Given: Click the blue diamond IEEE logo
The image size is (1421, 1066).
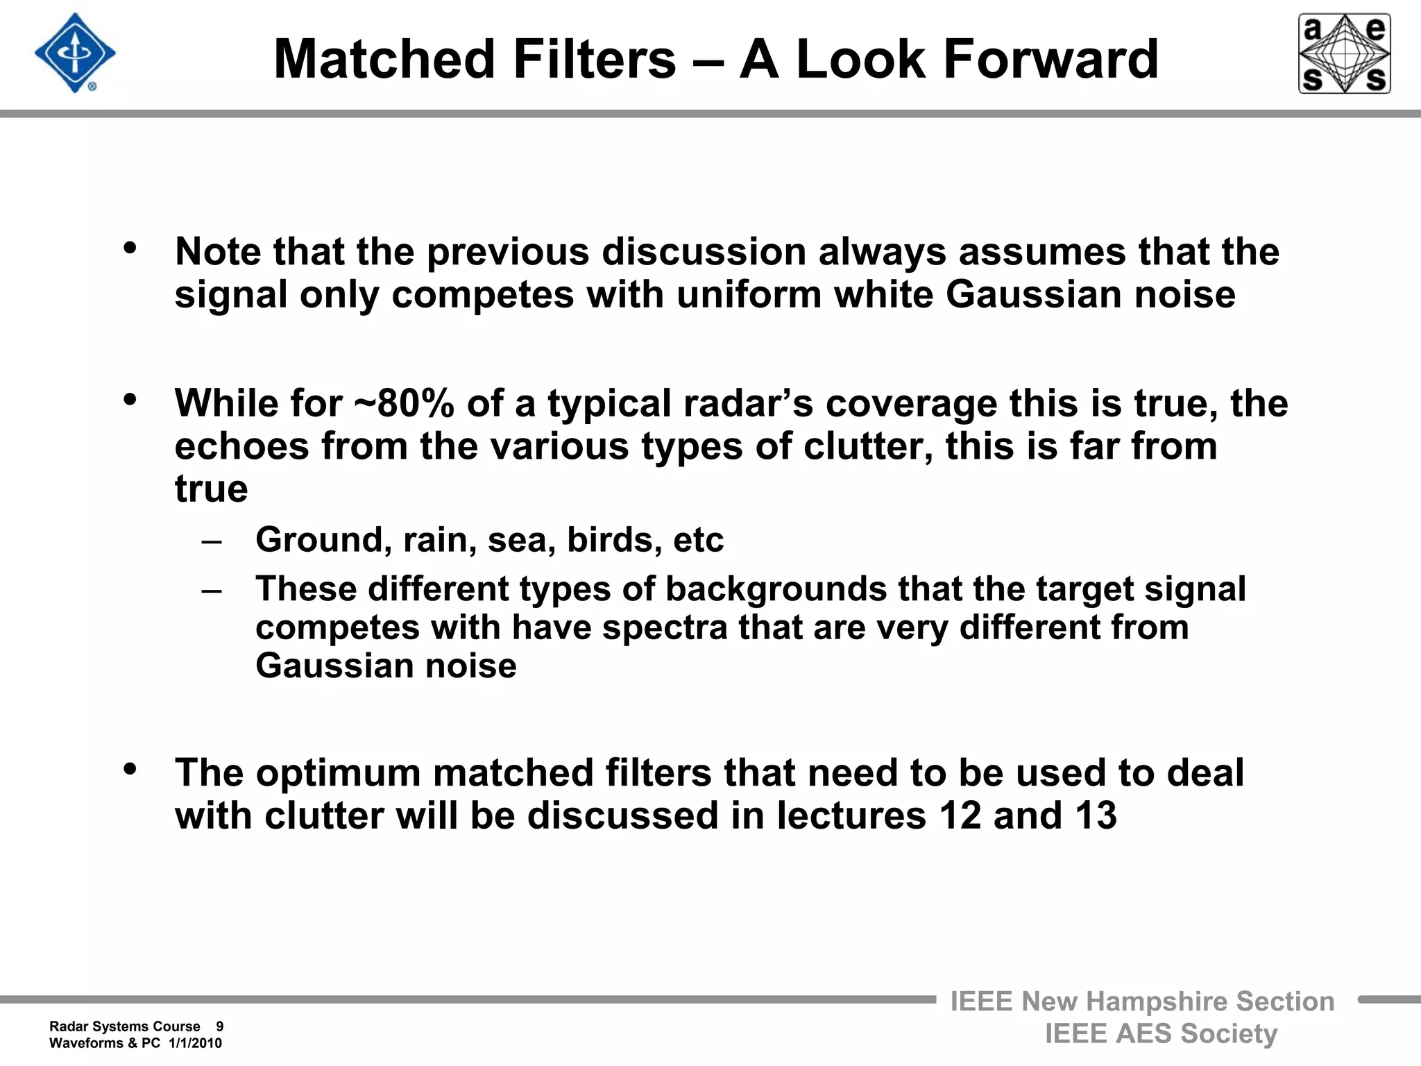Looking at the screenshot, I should tap(75, 53).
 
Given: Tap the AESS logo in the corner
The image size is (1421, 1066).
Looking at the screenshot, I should tap(1344, 53).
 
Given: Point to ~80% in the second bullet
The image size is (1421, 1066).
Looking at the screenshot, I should tap(404, 403).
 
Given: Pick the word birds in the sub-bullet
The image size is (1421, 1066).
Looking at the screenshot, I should tap(604, 540).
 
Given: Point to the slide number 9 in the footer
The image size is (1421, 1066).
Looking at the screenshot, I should tap(219, 1026).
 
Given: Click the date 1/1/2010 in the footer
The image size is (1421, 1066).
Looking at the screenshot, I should tap(195, 1043).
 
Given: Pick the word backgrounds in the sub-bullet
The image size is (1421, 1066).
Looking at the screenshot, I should tap(776, 589).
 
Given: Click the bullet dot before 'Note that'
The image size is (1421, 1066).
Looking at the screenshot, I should tap(130, 248).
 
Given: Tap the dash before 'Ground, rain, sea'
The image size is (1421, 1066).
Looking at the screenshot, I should tap(211, 541).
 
